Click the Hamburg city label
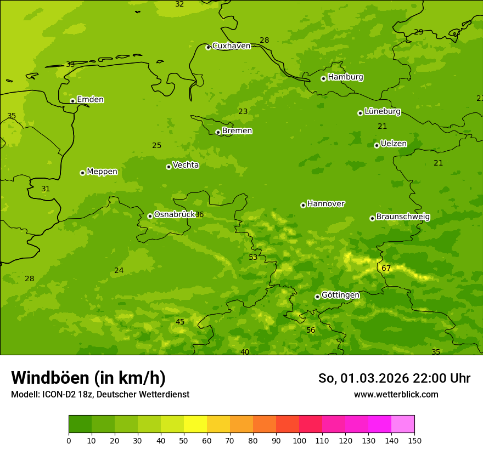coord(345,77)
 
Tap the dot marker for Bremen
coord(218,132)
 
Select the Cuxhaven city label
coord(231,46)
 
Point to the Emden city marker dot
coord(72,101)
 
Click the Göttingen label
coord(340,295)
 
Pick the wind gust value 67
coord(386,268)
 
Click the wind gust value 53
coord(253,257)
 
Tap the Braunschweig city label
coord(403,217)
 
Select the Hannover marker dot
coord(303,205)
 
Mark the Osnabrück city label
coord(175,215)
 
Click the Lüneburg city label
coord(382,112)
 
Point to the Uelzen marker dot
coord(377,145)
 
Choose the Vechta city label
coord(186,166)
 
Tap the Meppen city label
coord(102,172)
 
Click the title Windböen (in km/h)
coord(88,378)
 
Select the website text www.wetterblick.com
coord(396,394)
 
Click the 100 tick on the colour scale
coord(299,440)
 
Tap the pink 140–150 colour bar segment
coord(403,424)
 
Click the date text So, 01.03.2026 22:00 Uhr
coord(394,378)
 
